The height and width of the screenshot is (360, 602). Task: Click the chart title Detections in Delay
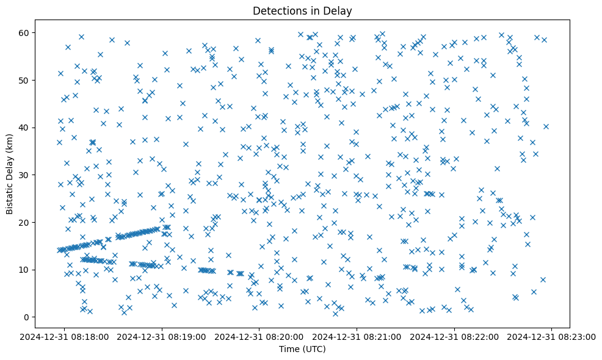click(x=303, y=11)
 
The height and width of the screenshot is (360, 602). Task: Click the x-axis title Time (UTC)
click(x=303, y=350)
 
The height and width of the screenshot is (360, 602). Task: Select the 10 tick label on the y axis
click(x=27, y=270)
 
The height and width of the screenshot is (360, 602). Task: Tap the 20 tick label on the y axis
click(x=27, y=222)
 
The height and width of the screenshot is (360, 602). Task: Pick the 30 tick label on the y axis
click(x=27, y=175)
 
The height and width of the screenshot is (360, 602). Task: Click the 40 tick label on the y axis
click(x=27, y=128)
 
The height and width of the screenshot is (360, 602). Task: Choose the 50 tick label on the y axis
click(x=27, y=80)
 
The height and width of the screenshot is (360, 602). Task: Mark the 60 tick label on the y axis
click(x=27, y=32)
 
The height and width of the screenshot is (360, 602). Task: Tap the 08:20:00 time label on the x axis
click(x=260, y=336)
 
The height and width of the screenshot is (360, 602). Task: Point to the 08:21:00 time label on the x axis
click(x=358, y=336)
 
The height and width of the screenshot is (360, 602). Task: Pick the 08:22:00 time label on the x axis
click(x=455, y=336)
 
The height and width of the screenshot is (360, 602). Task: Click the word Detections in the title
click(x=278, y=11)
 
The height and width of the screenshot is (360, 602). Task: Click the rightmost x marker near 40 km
click(x=546, y=126)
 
